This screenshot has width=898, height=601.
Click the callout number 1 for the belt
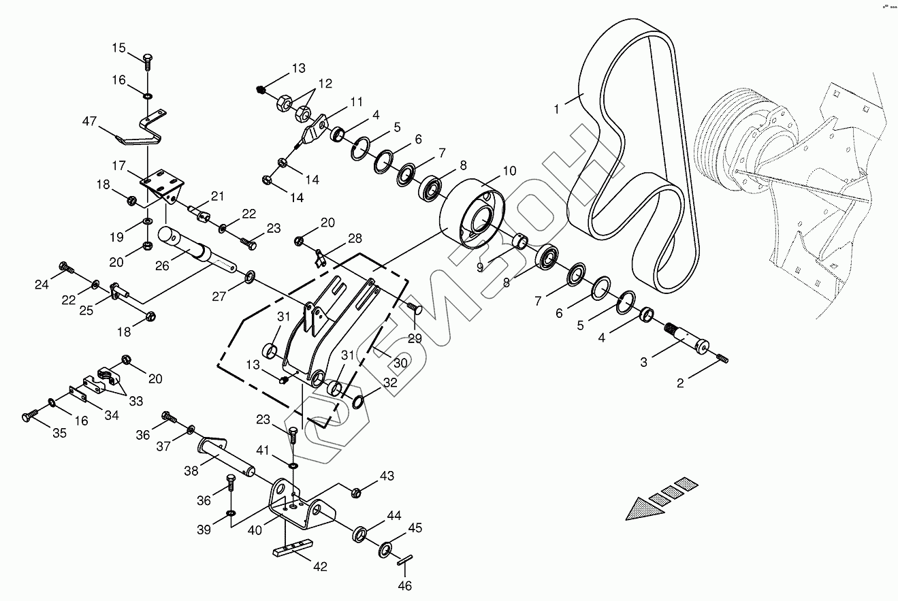(556, 109)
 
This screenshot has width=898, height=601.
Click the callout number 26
(162, 265)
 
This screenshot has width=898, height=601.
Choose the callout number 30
(400, 363)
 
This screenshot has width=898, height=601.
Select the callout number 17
(118, 165)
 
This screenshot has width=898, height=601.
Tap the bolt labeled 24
(65, 267)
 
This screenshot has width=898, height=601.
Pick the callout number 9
(480, 267)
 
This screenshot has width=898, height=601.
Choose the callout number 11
(357, 102)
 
